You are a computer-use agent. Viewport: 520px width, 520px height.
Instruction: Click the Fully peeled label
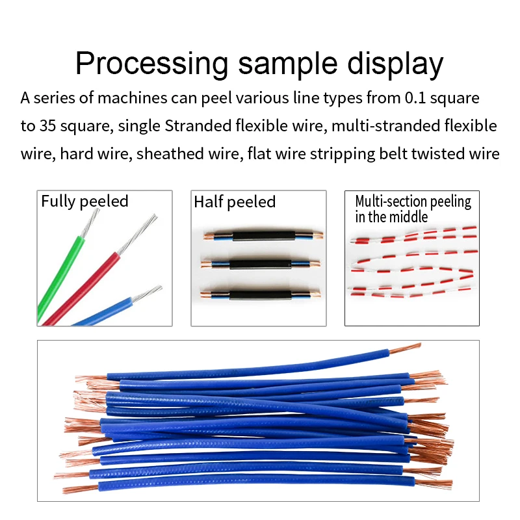point(84,201)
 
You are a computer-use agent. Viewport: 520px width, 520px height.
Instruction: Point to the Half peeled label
point(235,202)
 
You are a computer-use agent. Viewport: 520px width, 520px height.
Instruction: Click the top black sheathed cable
point(264,235)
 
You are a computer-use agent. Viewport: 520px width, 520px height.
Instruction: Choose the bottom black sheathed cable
point(264,293)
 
